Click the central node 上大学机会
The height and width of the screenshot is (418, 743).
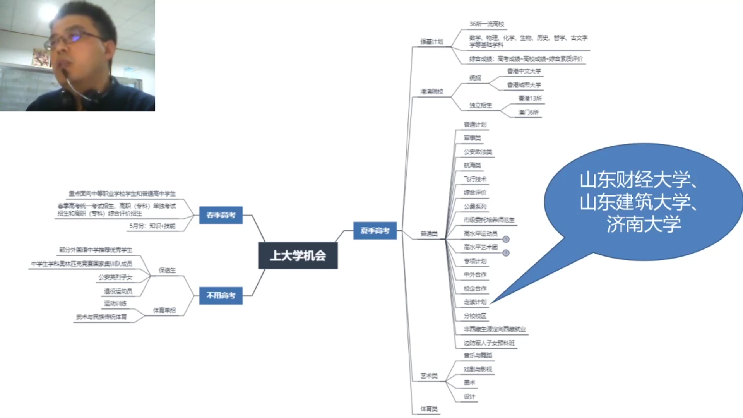298,255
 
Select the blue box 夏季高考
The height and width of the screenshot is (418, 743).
375,231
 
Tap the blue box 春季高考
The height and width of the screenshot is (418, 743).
221,215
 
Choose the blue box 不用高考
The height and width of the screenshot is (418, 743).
221,296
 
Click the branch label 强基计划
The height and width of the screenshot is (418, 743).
431,41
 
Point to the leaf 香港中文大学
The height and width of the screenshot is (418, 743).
524,71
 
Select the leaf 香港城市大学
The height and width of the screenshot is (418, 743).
524,85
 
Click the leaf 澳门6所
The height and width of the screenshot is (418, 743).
528,112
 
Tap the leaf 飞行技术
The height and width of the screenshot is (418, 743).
475,179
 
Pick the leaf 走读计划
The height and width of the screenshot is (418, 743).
475,302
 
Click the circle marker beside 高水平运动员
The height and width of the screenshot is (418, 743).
506,239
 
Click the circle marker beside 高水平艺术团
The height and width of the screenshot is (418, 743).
506,253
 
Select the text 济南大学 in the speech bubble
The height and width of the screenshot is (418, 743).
644,224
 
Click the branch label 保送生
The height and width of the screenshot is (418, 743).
167,270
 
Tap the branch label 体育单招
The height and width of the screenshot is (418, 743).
164,310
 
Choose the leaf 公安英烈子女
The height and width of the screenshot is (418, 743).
115,277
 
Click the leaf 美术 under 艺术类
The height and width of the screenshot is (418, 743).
469,383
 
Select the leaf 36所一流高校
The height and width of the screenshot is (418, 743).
486,24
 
